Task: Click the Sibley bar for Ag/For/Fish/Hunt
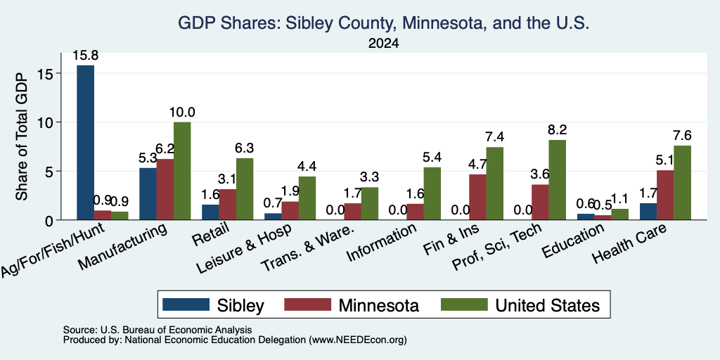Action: pos(85,142)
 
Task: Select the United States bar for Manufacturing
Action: pos(182,171)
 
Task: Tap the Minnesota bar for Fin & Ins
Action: pos(477,197)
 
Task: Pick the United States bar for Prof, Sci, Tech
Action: pos(557,180)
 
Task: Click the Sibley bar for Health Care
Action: pos(648,212)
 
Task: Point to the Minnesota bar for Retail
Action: pos(227,205)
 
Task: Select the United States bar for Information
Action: pos(432,193)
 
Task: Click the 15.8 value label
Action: pos(85,56)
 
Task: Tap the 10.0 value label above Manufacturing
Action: pos(182,112)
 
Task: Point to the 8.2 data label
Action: pos(557,130)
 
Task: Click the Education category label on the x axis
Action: pos(572,242)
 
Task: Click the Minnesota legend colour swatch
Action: pos(308,304)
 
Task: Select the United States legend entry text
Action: pos(547,305)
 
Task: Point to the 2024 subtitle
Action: pos(383,44)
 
